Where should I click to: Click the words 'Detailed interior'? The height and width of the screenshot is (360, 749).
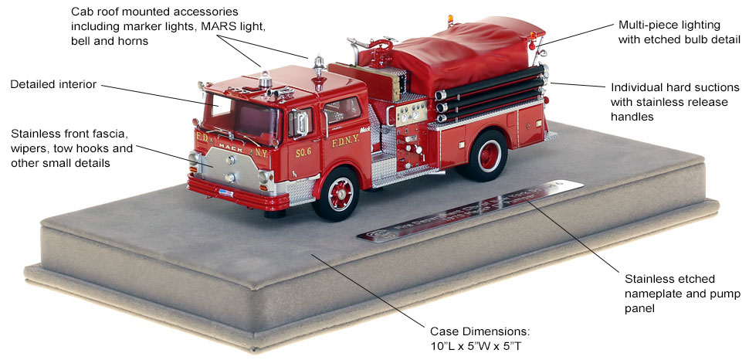tap(53, 83)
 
